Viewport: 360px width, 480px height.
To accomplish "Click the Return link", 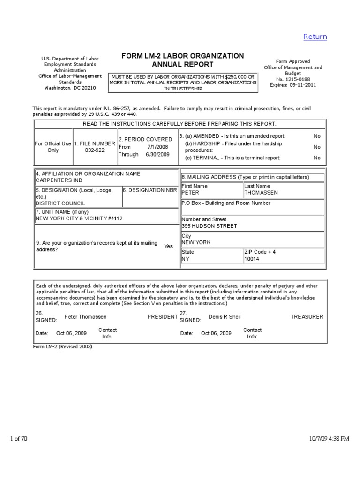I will click(x=315, y=37).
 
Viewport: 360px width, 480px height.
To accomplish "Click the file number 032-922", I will click(x=94, y=151).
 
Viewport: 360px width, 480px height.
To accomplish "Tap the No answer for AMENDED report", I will click(x=317, y=136).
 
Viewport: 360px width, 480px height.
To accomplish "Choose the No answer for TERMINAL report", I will click(x=317, y=158).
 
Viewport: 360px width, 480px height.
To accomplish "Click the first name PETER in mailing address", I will click(x=190, y=193).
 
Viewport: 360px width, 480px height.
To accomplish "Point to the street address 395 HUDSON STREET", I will click(x=209, y=226).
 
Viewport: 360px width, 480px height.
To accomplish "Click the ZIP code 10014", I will click(x=252, y=259).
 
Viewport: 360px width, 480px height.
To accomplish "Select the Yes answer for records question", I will click(x=169, y=246).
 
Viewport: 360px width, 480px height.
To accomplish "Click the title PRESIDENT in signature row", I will click(x=163, y=317).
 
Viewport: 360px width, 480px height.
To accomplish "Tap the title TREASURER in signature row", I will click(x=307, y=317).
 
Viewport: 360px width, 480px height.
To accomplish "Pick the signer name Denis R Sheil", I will click(x=225, y=317).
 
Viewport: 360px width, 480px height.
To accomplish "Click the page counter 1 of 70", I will click(x=19, y=438).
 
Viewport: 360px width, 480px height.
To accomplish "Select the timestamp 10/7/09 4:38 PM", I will click(x=330, y=439).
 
